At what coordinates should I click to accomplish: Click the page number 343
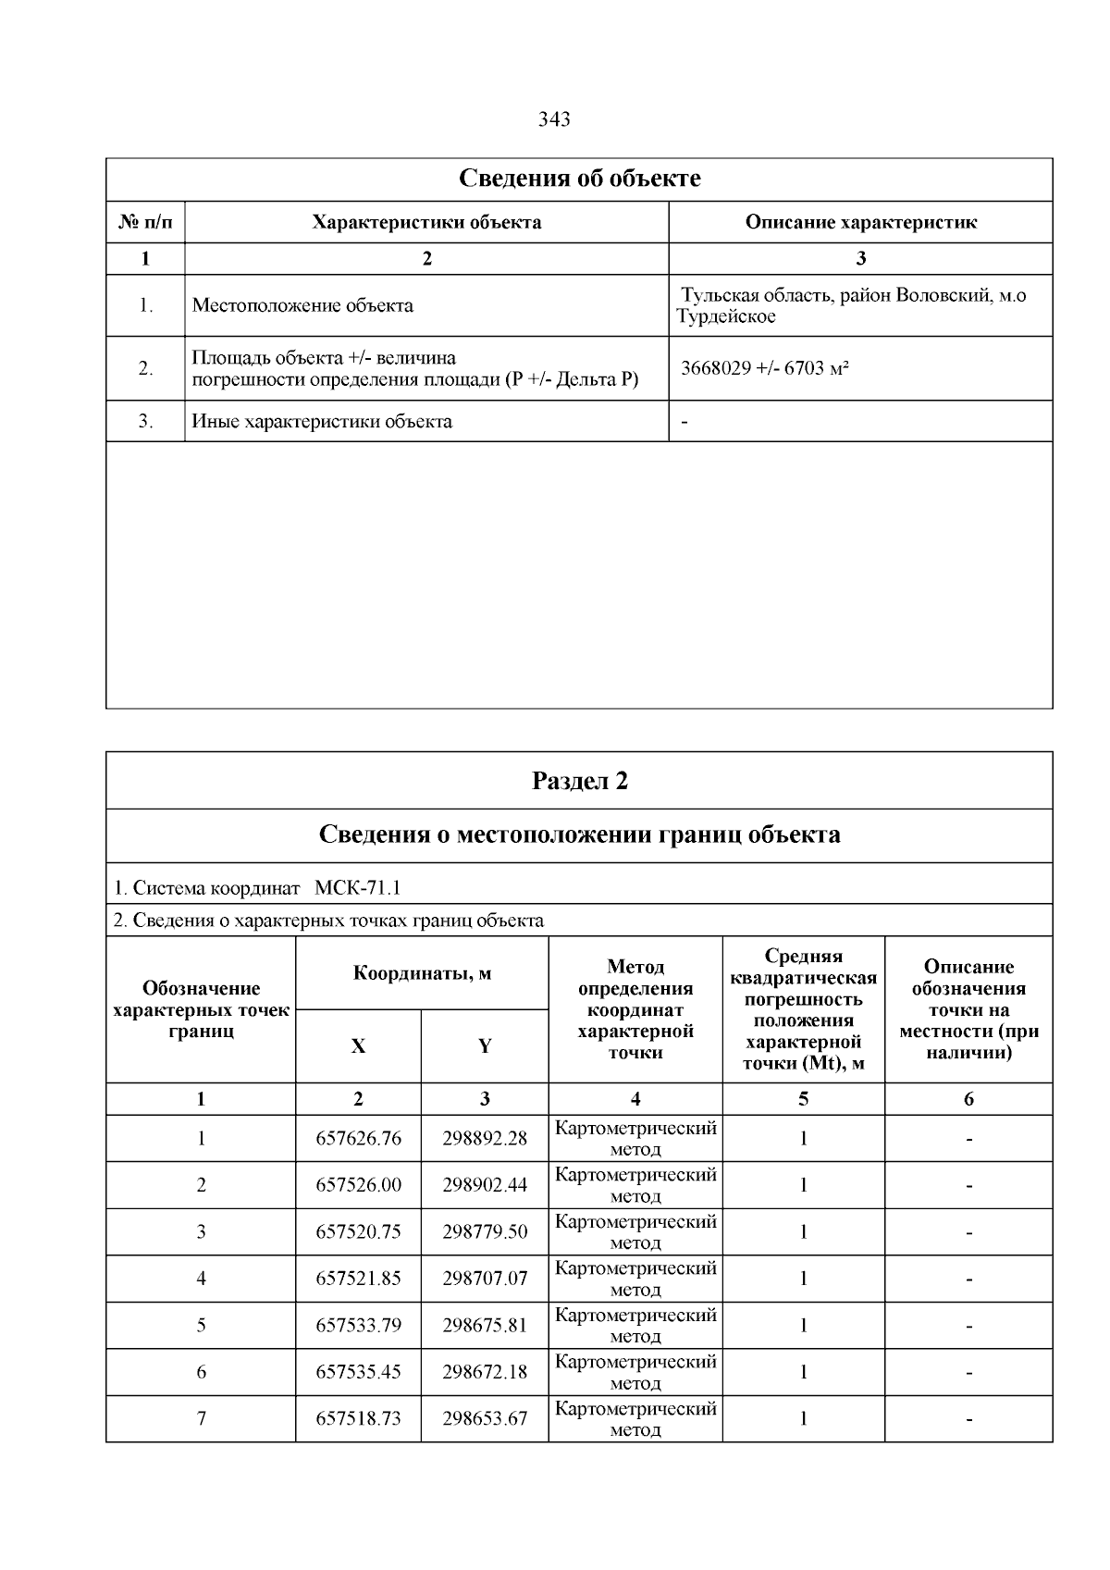[x=554, y=119]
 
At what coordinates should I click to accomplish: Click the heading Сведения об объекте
[x=579, y=179]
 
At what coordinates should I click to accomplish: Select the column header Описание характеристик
[x=860, y=222]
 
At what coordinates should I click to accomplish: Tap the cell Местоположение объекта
[x=302, y=305]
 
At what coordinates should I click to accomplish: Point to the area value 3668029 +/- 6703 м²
[x=765, y=368]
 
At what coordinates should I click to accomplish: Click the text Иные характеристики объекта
[x=322, y=422]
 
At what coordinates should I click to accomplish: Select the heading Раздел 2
[x=579, y=781]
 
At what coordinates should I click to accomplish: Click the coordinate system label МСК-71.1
[x=357, y=888]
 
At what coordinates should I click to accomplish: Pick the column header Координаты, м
[x=422, y=972]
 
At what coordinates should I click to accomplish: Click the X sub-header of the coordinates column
[x=358, y=1046]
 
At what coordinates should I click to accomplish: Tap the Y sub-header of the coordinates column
[x=485, y=1046]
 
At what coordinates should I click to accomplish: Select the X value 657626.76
[x=359, y=1139]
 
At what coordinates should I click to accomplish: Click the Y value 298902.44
[x=485, y=1185]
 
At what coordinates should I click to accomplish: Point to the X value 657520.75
[x=359, y=1232]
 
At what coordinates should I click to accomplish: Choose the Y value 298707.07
[x=485, y=1279]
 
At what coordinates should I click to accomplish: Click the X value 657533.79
[x=359, y=1326]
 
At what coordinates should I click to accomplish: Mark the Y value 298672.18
[x=485, y=1372]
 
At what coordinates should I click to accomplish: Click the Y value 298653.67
[x=485, y=1418]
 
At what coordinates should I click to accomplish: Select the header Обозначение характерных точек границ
[x=201, y=1009]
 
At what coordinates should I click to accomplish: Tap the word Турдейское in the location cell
[x=726, y=316]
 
